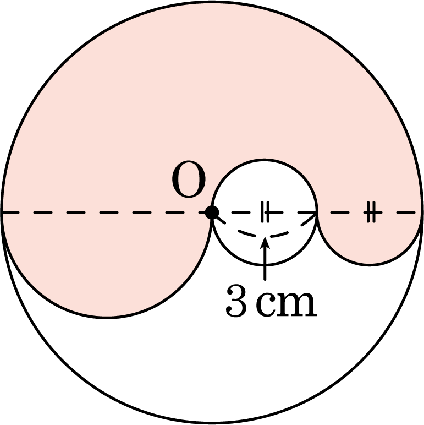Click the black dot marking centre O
(x=212, y=212)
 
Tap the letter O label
(x=189, y=179)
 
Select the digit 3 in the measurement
(x=236, y=301)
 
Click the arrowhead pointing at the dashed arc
(x=265, y=243)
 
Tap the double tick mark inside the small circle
(x=265, y=212)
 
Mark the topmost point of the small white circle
(x=265, y=160)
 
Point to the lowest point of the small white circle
(x=265, y=265)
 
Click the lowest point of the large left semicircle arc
(x=106, y=317)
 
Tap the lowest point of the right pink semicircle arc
(x=370, y=265)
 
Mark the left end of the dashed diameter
(x=2, y=212)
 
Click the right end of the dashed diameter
(x=422, y=212)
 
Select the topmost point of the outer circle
(x=212, y=2)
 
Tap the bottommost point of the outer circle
(x=212, y=423)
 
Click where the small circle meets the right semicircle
(x=316, y=212)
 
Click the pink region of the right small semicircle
(x=370, y=238)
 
